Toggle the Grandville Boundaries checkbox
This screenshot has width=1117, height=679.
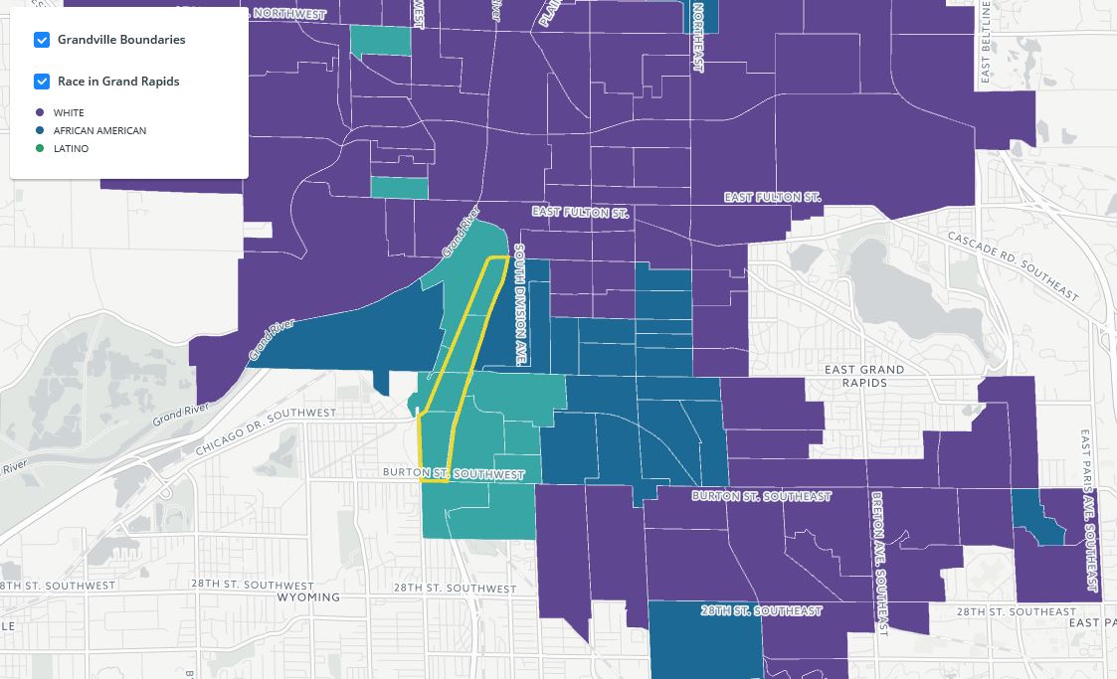coord(42,40)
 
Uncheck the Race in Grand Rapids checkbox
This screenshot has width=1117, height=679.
coord(42,82)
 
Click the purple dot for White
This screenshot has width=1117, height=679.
coord(40,113)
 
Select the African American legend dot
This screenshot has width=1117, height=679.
coord(40,131)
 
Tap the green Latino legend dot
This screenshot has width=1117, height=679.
coord(40,149)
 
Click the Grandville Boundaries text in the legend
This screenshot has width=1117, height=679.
coord(121,40)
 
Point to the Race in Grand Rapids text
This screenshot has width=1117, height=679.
coord(118,82)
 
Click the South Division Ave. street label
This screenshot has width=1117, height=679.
coord(519,304)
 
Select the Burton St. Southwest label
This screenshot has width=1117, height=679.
coord(454,474)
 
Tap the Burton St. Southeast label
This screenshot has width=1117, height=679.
coord(761,496)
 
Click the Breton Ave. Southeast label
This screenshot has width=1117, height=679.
coord(878,563)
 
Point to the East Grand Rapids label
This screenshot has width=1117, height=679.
coord(864,376)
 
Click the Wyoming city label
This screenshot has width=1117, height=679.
coord(308,597)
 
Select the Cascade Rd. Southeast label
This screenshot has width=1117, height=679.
coord(1013,265)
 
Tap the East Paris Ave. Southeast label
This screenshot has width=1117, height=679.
coord(1091,511)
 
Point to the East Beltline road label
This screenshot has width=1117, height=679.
coord(986,42)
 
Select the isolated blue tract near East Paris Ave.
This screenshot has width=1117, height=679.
coord(1037,518)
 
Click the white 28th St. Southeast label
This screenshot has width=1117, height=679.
coord(761,610)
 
